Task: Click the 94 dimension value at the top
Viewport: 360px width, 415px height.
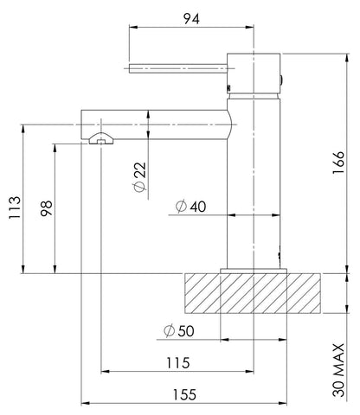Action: coord(191,19)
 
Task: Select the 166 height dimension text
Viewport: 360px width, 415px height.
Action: coord(338,163)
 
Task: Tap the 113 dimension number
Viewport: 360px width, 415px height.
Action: coord(15,207)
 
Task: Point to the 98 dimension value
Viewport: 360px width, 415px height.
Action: coord(47,208)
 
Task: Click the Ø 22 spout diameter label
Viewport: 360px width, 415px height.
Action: coord(140,177)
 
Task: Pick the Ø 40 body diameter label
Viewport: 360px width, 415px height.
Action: coord(190,207)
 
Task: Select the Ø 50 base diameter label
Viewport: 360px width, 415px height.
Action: coord(179,330)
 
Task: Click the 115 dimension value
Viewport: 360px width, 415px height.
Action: coord(178,363)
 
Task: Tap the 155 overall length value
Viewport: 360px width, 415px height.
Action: coord(184,394)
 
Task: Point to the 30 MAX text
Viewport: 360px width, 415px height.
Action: coord(338,370)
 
